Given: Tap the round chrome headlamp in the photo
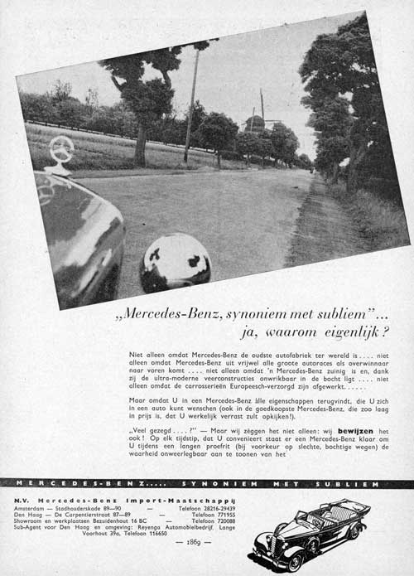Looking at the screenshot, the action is tap(176, 263).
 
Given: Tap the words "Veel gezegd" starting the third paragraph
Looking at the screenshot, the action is tap(153, 432).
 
